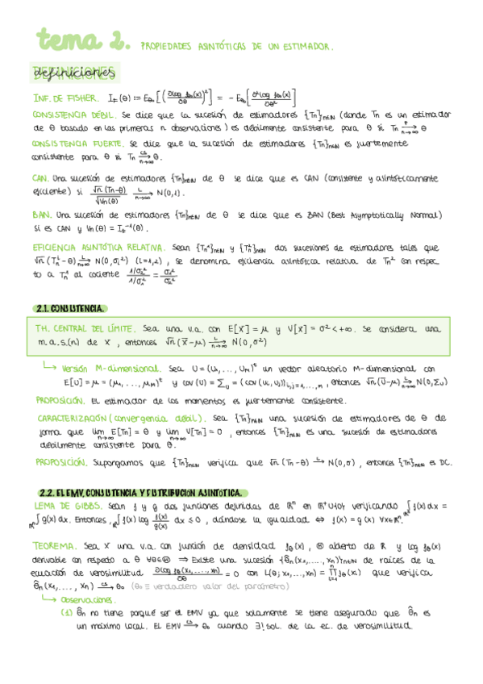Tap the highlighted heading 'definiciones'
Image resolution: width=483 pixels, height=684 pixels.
(72, 73)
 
